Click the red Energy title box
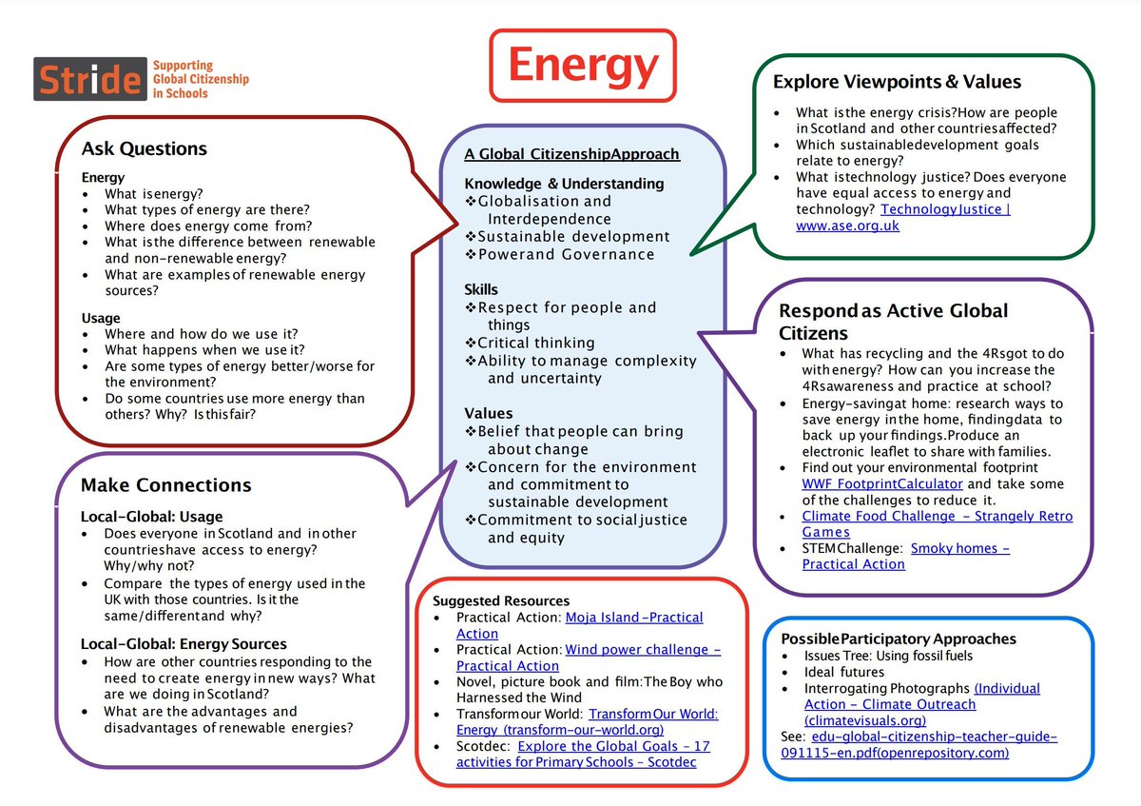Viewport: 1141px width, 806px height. coord(582,65)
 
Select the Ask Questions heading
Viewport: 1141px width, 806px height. coord(144,148)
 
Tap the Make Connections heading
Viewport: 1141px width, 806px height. coord(165,485)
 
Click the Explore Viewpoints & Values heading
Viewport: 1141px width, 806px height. coord(897,82)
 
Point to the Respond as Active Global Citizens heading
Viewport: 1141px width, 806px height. coord(893,321)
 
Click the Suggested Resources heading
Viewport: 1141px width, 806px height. coord(501,600)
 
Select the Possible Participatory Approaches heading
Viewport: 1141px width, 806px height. coord(899,639)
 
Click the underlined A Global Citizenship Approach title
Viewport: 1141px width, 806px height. coord(571,154)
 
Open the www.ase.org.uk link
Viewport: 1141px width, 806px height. coord(847,226)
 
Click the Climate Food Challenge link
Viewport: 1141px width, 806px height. coord(937,517)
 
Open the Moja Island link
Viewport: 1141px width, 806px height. coord(634,618)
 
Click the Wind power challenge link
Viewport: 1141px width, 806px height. coord(643,650)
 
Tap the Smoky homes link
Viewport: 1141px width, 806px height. coord(960,548)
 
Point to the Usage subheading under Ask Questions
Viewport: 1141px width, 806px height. coord(101,318)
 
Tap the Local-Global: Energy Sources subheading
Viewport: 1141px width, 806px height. coord(184,643)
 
